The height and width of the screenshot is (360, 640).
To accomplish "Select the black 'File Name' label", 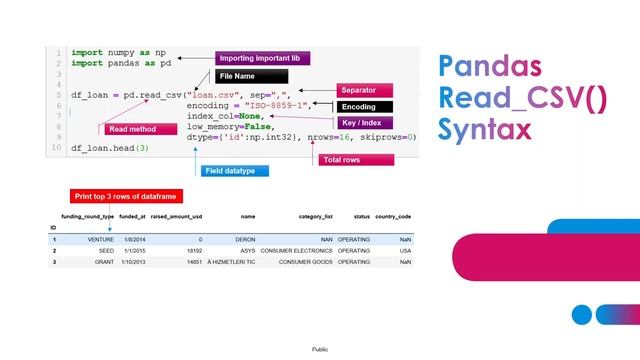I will coord(250,76).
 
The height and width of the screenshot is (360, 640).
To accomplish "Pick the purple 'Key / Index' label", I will coord(364,123).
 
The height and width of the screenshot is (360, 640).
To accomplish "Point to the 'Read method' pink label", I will coord(131,129).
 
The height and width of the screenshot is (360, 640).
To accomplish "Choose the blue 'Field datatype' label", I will coord(229,171).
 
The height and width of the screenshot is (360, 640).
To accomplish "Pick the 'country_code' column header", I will coord(393,216).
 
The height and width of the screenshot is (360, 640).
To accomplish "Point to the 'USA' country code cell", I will coord(404,251).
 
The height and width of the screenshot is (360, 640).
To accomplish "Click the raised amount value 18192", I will coord(194,251).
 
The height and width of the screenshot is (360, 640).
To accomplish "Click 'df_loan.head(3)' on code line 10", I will coord(110,148).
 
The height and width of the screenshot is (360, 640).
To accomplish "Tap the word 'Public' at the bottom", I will coord(320,349).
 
